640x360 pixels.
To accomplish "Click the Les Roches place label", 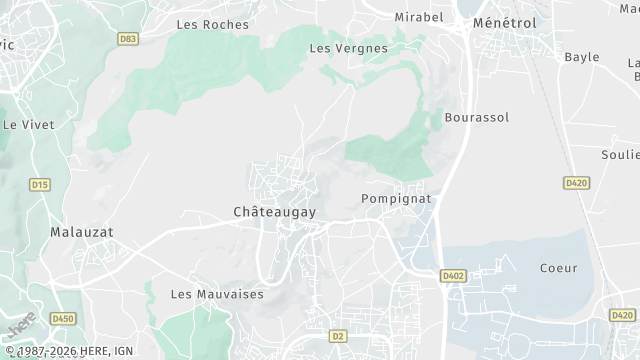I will pos(212,24).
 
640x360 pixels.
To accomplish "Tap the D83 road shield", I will pos(127,40).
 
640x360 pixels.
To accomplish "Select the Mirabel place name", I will pos(418,18).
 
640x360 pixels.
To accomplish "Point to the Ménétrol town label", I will pos(504,22).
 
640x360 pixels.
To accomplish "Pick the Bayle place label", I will pos(581,57).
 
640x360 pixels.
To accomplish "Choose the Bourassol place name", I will pos(476,117).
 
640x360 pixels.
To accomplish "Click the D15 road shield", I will pos(40,185).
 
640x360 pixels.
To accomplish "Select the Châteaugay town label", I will pos(274,213).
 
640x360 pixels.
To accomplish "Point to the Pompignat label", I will pos(395,199).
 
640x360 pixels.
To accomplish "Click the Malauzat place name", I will pos(82,231).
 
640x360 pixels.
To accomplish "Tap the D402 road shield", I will pos(454,275).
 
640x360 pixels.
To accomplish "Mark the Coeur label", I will pos(558,268).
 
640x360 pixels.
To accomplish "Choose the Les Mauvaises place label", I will pos(216,294).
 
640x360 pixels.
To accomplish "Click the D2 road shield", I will pos(338,336).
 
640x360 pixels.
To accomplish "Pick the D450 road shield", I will pos(64,318).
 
